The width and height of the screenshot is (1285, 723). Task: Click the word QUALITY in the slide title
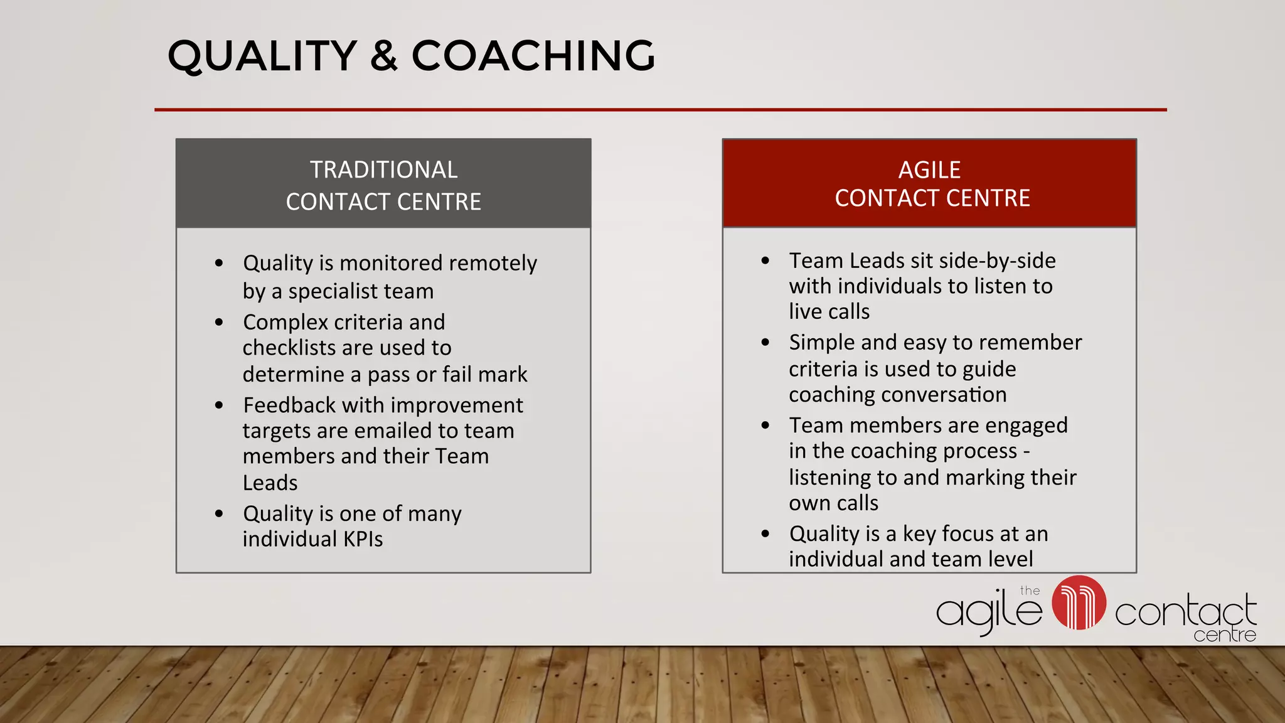coord(262,56)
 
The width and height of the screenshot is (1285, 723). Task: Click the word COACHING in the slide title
coord(533,56)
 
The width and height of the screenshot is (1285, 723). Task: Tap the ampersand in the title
coord(383,56)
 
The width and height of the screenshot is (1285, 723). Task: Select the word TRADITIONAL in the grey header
coord(383,170)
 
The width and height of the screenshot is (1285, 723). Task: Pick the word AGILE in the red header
coord(929,170)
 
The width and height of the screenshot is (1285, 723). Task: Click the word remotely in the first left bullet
coord(493,263)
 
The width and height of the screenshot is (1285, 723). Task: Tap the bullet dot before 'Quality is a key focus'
coord(765,534)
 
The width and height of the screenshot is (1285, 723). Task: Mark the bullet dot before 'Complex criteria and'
coord(219,323)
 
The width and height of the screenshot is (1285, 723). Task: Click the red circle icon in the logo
coord(1079,602)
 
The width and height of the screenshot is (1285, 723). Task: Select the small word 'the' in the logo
coord(1030,591)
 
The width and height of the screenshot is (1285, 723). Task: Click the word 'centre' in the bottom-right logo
coord(1224,635)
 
